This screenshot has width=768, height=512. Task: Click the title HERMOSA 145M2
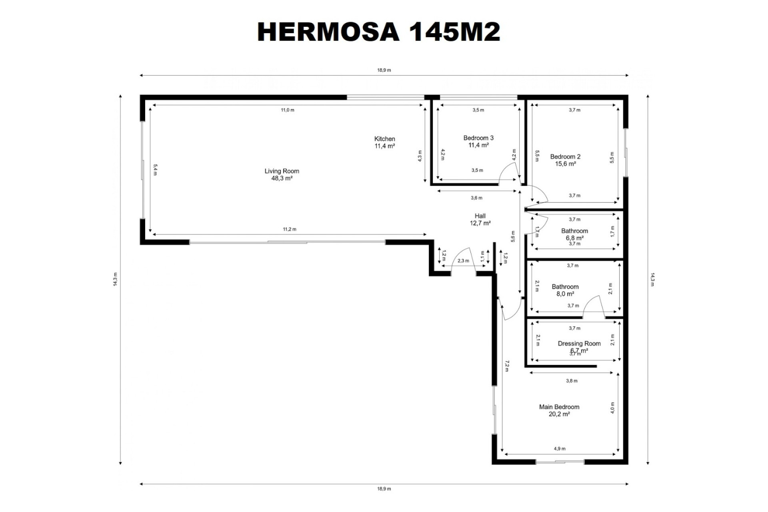(378, 32)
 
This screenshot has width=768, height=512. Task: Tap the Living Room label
(282, 171)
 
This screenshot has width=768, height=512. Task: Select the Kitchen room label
(385, 139)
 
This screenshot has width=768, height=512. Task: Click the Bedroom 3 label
(478, 138)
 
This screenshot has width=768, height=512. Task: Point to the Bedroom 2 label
(565, 157)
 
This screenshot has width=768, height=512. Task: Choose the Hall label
(480, 216)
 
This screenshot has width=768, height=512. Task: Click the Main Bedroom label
(559, 407)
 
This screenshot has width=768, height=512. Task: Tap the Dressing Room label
(579, 344)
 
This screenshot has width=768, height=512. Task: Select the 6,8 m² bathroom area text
(574, 238)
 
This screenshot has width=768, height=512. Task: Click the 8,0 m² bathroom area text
(565, 294)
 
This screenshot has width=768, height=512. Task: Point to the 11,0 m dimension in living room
(287, 110)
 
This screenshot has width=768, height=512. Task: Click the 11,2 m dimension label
(290, 229)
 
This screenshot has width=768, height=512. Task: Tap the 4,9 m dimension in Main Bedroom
(560, 449)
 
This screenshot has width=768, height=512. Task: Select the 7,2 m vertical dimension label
(507, 366)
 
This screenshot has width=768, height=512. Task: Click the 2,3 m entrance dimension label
(463, 261)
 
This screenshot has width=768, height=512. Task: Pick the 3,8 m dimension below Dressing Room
(572, 381)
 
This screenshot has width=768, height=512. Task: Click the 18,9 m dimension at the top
(384, 70)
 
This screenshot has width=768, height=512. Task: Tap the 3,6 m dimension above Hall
(477, 198)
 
